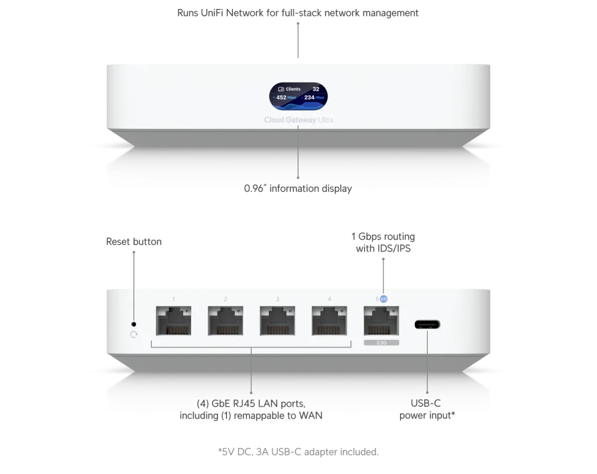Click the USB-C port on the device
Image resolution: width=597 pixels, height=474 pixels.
pos(427,324)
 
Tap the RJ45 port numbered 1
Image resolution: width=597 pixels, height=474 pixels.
pos(174,321)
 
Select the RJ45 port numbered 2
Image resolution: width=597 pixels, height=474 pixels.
pos(225,321)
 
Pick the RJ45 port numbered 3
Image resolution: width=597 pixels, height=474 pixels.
pos(278,321)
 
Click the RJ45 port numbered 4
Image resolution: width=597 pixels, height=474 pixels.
pos(329,321)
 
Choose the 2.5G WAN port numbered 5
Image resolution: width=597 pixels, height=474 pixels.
pos(382,321)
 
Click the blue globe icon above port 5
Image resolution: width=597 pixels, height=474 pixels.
pos(384,299)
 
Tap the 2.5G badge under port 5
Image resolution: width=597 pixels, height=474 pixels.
pos(382,343)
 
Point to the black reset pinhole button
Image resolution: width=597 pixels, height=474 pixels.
pos(134,324)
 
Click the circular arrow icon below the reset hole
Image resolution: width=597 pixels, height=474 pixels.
pos(134,335)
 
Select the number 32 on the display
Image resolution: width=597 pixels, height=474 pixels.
pos(316,89)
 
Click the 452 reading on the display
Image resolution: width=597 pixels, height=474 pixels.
pos(281,97)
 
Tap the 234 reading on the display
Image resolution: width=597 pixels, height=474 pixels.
pos(309,97)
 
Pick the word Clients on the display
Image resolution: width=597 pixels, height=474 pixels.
pos(293,89)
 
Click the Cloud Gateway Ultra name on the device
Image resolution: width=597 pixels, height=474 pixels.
pos(298,120)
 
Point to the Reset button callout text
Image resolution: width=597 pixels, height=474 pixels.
pos(134,242)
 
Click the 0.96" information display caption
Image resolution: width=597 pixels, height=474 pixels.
pos(298,189)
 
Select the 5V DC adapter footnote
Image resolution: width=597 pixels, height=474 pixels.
pos(298,452)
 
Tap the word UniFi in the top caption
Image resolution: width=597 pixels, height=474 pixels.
pos(212,13)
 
